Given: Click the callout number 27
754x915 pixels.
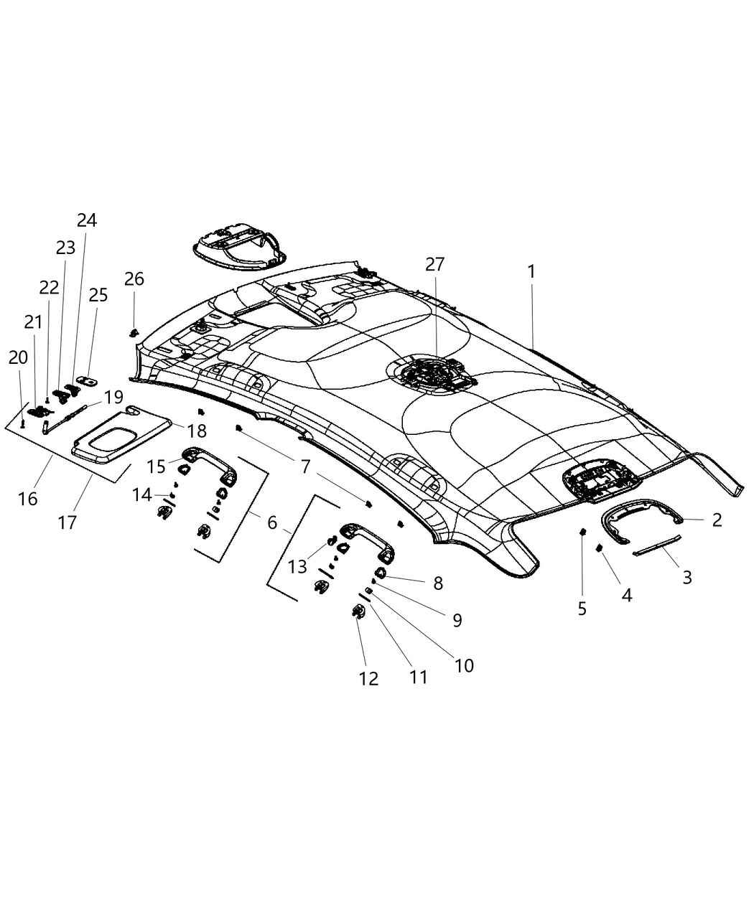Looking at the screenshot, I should [434, 264].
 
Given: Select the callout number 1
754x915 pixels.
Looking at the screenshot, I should [531, 271].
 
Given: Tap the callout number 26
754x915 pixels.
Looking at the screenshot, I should [134, 278].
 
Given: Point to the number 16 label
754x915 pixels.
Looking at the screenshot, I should [28, 497].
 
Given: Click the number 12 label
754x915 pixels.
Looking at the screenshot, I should [368, 678].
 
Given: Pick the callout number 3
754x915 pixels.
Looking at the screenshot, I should [686, 576].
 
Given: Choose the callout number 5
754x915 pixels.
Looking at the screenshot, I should [582, 609].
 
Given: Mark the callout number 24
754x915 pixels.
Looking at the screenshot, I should [87, 220].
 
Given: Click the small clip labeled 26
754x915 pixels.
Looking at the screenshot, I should [134, 332].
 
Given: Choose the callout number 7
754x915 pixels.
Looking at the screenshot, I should [305, 467].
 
